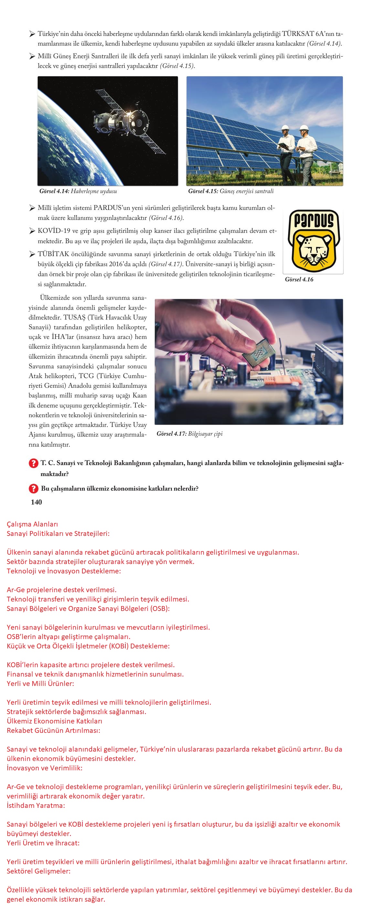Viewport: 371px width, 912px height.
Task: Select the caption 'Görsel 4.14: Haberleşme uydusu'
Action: click(78, 191)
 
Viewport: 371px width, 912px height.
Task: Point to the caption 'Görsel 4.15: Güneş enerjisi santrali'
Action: click(231, 191)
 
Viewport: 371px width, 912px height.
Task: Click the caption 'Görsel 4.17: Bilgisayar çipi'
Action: click(190, 434)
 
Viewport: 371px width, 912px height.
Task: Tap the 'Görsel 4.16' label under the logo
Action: click(299, 279)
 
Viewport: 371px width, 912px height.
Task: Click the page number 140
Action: click(37, 502)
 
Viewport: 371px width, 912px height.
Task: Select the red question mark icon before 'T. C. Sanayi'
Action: click(33, 463)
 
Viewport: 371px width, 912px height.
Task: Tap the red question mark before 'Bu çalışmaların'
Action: click(33, 489)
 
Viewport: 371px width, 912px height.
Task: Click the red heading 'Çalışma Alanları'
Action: click(32, 524)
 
